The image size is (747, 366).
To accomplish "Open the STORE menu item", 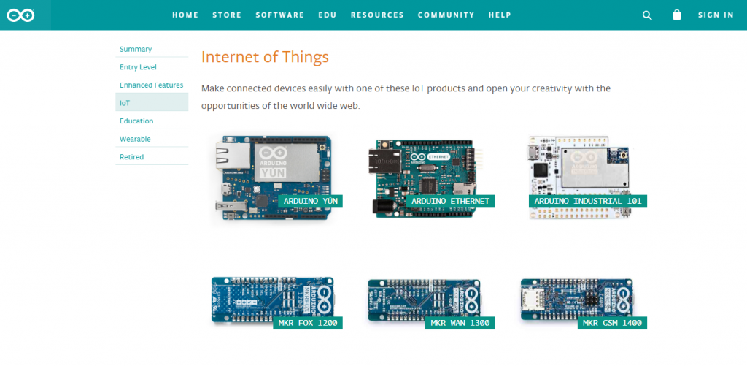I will pyautogui.click(x=227, y=15).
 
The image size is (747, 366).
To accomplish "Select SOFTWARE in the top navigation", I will pyautogui.click(x=280, y=15).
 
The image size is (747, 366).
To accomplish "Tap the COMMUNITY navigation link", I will pyautogui.click(x=446, y=15).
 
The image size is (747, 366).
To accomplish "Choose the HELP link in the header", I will pyautogui.click(x=500, y=15).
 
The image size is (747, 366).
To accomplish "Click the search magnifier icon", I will pyautogui.click(x=647, y=15).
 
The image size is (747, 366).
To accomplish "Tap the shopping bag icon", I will pyautogui.click(x=676, y=15).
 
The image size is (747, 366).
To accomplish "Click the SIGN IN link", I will pyautogui.click(x=716, y=15).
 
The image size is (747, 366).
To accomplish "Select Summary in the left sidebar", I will pyautogui.click(x=136, y=49).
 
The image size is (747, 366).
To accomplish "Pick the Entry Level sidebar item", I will pyautogui.click(x=138, y=67).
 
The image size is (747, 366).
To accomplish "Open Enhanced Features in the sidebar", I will pyautogui.click(x=151, y=85).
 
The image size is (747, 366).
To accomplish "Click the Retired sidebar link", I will pyautogui.click(x=131, y=157).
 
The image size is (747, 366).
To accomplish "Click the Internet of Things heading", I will pyautogui.click(x=265, y=57).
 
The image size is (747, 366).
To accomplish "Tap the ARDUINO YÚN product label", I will pyautogui.click(x=310, y=201).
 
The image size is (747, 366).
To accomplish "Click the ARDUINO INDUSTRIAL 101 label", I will pyautogui.click(x=588, y=201).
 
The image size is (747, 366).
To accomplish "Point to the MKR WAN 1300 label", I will pyautogui.click(x=460, y=323).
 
